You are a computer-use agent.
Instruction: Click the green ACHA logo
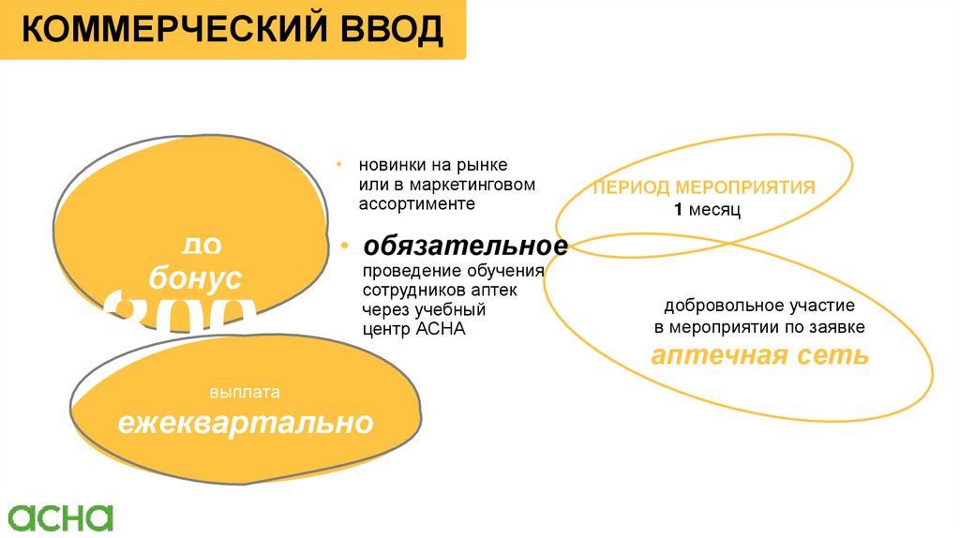[x=61, y=517]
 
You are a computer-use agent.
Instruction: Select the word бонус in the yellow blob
[x=196, y=278]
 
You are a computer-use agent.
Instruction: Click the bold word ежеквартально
[x=245, y=424]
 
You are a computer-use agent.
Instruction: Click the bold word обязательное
[x=466, y=247]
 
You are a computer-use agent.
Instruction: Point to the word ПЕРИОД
[x=629, y=187]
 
